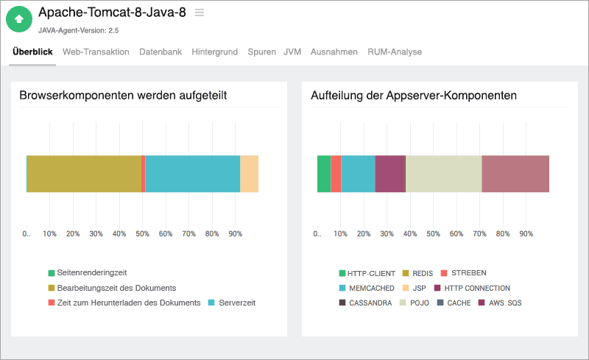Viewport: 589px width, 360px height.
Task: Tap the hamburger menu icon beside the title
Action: pyautogui.click(x=199, y=13)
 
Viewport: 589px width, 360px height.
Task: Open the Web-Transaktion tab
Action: pyautogui.click(x=96, y=52)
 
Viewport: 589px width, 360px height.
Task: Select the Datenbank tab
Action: pyautogui.click(x=161, y=52)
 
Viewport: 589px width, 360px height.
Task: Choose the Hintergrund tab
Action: pyautogui.click(x=214, y=52)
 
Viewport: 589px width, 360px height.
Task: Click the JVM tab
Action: pyautogui.click(x=292, y=52)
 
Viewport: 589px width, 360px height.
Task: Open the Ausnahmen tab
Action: pyautogui.click(x=334, y=52)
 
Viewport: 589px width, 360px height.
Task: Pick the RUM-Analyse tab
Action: pyautogui.click(x=395, y=52)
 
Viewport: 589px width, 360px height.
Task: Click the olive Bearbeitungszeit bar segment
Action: pyautogui.click(x=84, y=174)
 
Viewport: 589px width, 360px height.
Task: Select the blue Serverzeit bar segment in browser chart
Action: pyautogui.click(x=192, y=174)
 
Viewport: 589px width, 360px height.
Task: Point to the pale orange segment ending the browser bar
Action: pyautogui.click(x=250, y=174)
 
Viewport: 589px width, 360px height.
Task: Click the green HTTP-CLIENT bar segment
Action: pyautogui.click(x=324, y=174)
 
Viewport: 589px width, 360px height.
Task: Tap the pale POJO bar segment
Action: pyautogui.click(x=443, y=174)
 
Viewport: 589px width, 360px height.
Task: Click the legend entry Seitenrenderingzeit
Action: pyautogui.click(x=91, y=273)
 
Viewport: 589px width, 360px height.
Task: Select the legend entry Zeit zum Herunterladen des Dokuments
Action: pyautogui.click(x=123, y=303)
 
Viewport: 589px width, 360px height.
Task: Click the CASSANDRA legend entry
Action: pyautogui.click(x=364, y=303)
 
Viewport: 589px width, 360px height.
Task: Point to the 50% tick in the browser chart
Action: pyautogui.click(x=142, y=234)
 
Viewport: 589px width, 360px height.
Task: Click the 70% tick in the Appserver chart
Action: pyautogui.click(x=479, y=234)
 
